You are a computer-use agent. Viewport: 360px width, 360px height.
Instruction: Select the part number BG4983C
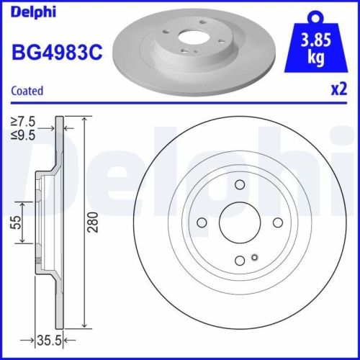(x=54, y=52)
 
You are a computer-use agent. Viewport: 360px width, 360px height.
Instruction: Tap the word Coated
(x=27, y=91)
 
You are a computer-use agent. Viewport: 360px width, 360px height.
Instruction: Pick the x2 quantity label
(x=338, y=91)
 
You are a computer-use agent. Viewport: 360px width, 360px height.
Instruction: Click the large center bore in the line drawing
(x=239, y=222)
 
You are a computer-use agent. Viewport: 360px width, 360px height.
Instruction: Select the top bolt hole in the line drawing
(x=239, y=186)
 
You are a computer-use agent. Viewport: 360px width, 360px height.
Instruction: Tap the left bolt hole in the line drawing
(x=202, y=222)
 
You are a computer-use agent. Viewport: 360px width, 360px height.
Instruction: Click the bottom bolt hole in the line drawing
(x=239, y=261)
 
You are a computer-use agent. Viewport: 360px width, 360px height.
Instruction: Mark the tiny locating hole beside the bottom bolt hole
(x=253, y=258)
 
